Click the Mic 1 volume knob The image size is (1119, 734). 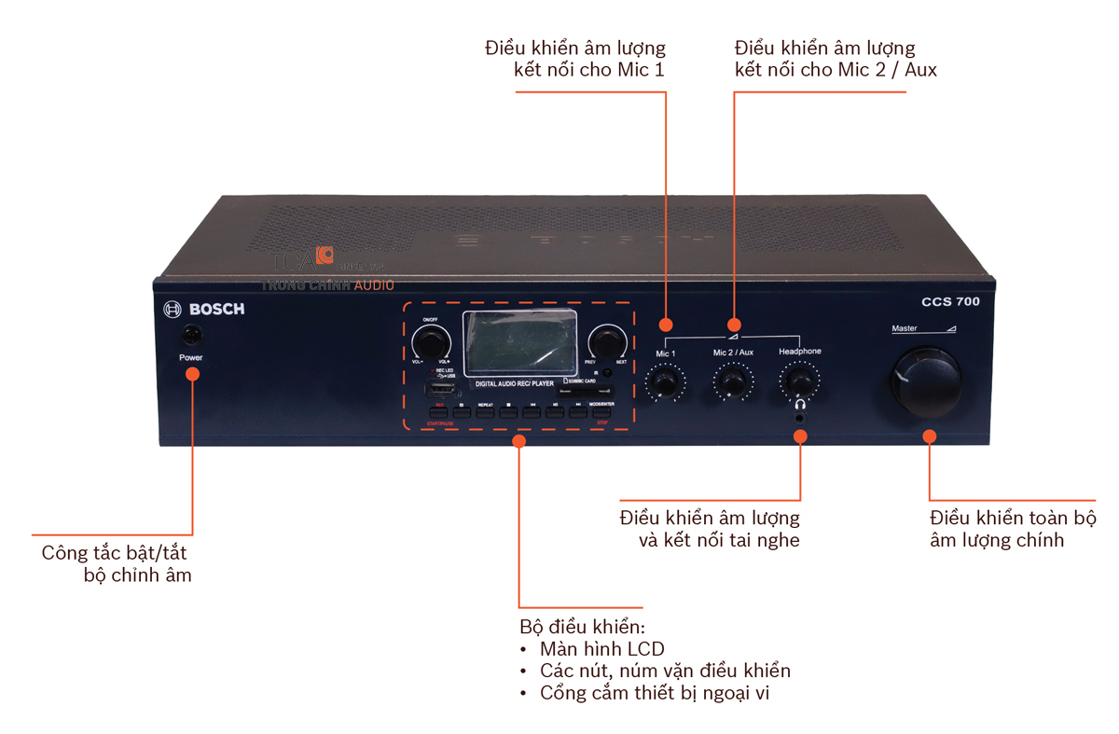click(665, 382)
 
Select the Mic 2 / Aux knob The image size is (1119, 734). click(732, 381)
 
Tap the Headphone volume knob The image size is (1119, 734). click(799, 381)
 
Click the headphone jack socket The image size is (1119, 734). click(800, 411)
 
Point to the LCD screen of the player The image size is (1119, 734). click(519, 342)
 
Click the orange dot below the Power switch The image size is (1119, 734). click(192, 374)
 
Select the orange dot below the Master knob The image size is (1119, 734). click(929, 436)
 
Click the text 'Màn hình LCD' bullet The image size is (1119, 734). click(601, 648)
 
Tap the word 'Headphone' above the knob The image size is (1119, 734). click(800, 352)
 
